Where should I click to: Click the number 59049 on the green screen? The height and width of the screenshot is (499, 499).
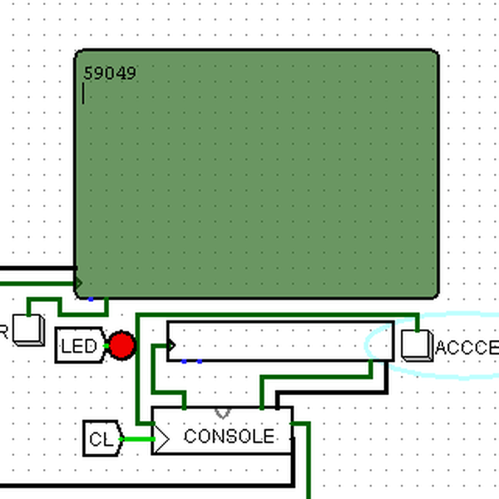pos(110,74)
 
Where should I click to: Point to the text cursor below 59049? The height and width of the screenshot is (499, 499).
pos(84,95)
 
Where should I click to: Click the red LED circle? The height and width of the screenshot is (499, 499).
pos(121,345)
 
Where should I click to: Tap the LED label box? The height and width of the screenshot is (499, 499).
pos(80,346)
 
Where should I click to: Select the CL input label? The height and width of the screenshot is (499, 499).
pos(101,438)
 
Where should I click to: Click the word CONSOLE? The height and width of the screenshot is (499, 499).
pos(229,437)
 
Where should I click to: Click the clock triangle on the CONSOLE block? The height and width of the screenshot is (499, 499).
pos(161,437)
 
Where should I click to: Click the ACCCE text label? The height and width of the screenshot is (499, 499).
pos(466,348)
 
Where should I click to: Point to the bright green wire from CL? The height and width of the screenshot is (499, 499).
pos(137,438)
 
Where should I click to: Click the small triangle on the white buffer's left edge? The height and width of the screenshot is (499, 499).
pos(171,343)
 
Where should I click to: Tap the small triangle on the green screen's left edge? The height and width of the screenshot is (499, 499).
pos(79,284)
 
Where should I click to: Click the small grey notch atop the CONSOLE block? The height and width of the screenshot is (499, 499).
pos(222,412)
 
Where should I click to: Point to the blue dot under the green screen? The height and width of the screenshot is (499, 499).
pos(91,299)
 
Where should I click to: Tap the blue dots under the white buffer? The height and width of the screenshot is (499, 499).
pos(191,362)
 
